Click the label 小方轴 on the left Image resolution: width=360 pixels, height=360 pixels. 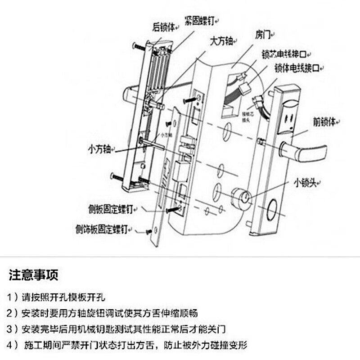coord(100,149)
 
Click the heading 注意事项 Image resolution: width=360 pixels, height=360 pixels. coord(34,274)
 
